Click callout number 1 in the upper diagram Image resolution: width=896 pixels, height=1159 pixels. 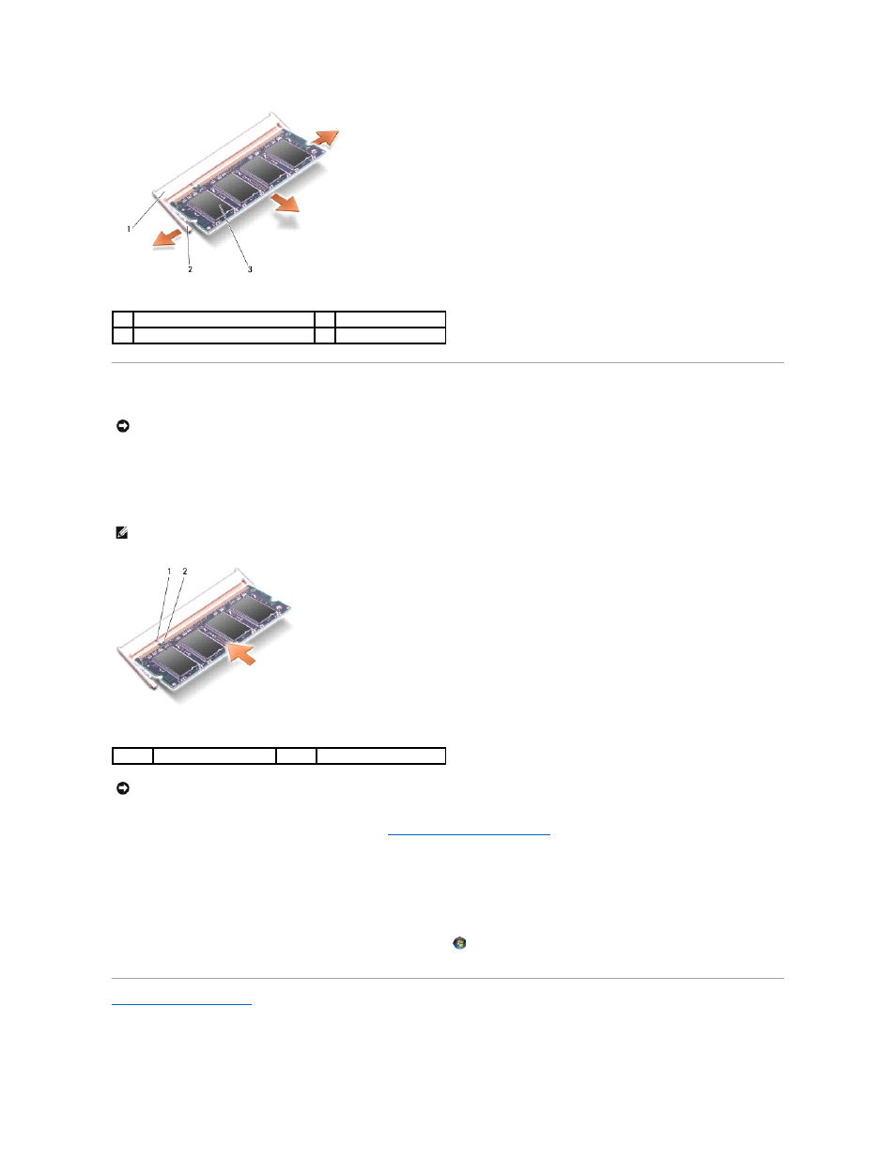click(129, 229)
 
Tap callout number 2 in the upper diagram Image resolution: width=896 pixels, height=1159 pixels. click(190, 269)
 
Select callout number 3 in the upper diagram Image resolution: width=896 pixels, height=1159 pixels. click(250, 269)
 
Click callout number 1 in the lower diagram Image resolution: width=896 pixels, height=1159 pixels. click(169, 572)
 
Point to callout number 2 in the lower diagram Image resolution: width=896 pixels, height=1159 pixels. click(185, 572)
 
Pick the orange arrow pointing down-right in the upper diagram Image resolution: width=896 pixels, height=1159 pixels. click(285, 204)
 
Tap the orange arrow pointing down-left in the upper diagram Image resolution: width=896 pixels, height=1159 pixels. click(167, 237)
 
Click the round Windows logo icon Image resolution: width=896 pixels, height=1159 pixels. click(459, 943)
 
